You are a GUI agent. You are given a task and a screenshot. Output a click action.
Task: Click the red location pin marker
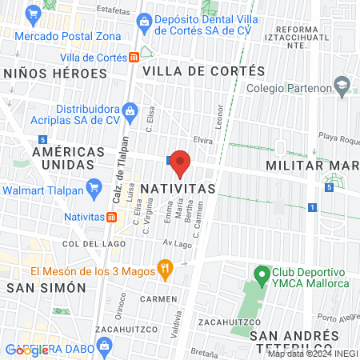click(x=180, y=162)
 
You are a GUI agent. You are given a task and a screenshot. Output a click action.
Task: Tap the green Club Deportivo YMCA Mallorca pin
click(x=260, y=275)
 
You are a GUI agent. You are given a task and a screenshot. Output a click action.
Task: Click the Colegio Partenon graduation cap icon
click(x=342, y=85)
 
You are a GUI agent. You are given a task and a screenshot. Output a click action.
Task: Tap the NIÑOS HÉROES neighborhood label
click(x=55, y=73)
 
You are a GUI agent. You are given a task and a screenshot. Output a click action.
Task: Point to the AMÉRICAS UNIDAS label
click(x=46, y=158)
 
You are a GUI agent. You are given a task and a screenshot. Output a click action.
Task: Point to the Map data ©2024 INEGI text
click(x=312, y=354)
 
